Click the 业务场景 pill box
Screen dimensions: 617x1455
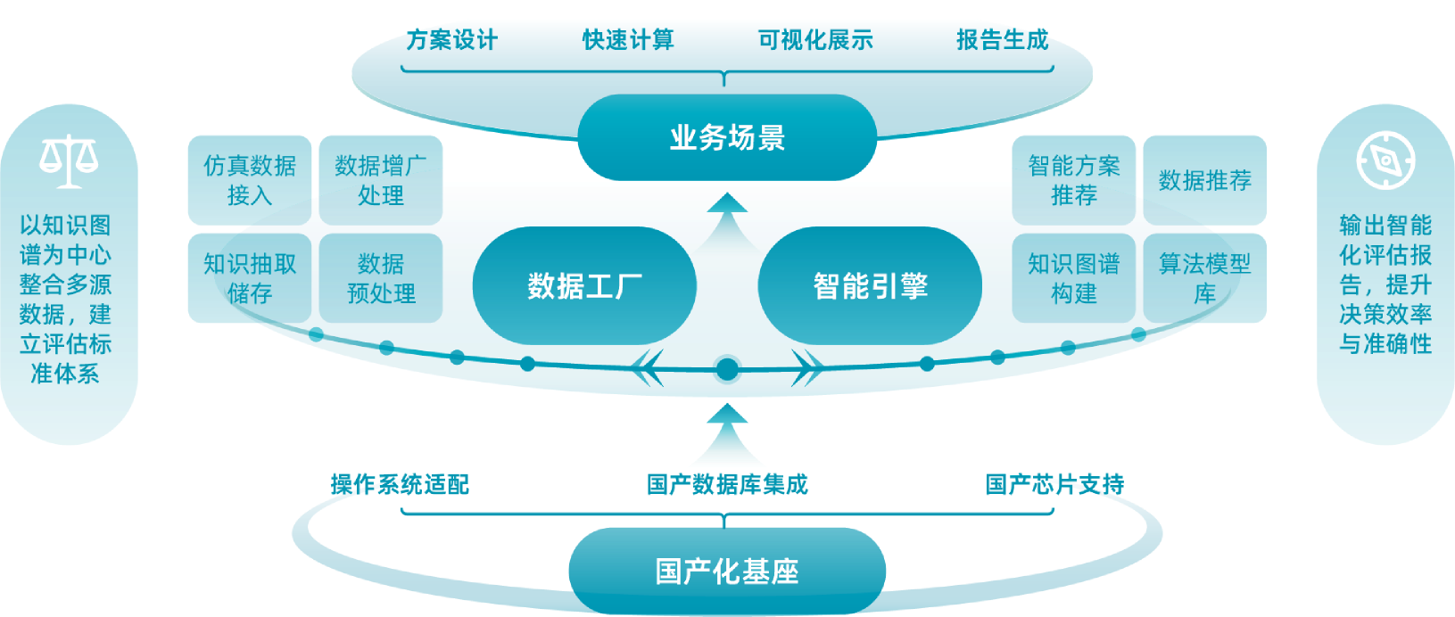727,138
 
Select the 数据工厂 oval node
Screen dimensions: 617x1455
584,286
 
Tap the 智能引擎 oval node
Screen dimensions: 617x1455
870,286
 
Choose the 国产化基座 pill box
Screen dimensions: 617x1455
727,572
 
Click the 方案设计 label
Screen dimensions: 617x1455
451,40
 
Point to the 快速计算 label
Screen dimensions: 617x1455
628,40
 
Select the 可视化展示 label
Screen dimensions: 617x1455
815,40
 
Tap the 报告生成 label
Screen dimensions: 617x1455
1003,40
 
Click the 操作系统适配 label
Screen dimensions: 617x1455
400,484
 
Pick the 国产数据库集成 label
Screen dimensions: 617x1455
727,484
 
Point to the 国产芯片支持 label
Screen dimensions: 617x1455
1054,484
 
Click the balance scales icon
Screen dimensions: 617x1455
69,161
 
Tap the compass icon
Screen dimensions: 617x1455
1385,160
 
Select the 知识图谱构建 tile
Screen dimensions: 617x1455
1073,278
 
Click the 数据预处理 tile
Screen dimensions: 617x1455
381,278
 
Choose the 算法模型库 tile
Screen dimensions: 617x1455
1204,278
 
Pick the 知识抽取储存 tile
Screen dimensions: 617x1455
250,278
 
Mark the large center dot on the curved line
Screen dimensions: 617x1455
727,368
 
